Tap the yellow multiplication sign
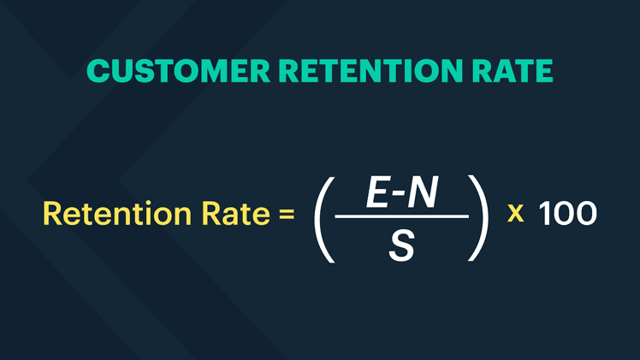(x=515, y=214)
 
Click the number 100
(x=566, y=213)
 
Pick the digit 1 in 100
(x=543, y=213)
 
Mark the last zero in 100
(x=584, y=213)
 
